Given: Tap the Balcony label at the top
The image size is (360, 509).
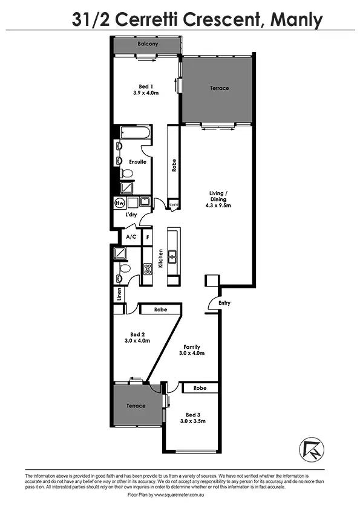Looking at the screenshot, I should pyautogui.click(x=148, y=44).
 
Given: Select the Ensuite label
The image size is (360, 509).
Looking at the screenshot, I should pyautogui.click(x=137, y=162).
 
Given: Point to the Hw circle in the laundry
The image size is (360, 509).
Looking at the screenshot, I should pyautogui.click(x=119, y=203).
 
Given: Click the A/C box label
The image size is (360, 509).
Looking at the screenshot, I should pyautogui.click(x=131, y=236).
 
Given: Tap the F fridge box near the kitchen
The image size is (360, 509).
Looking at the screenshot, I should pyautogui.click(x=147, y=236).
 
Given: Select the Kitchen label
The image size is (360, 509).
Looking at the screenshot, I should pyautogui.click(x=160, y=259).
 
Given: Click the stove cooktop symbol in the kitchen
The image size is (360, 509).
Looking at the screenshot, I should pyautogui.click(x=146, y=270).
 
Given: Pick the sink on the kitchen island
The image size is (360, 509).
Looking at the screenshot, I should pyautogui.click(x=172, y=256).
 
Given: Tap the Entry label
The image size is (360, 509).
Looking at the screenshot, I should pyautogui.click(x=224, y=303).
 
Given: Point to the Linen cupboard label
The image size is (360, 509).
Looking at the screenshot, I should pyautogui.click(x=119, y=295).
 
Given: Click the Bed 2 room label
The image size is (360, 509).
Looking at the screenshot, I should pyautogui.click(x=137, y=334).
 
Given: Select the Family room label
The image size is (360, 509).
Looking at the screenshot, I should pyautogui.click(x=192, y=347).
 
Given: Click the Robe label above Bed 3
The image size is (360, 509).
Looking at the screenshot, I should pyautogui.click(x=200, y=387).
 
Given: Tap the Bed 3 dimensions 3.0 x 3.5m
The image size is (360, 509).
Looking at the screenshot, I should pyautogui.click(x=192, y=421).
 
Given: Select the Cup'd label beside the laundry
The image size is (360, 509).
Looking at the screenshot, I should pyautogui.click(x=174, y=205).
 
